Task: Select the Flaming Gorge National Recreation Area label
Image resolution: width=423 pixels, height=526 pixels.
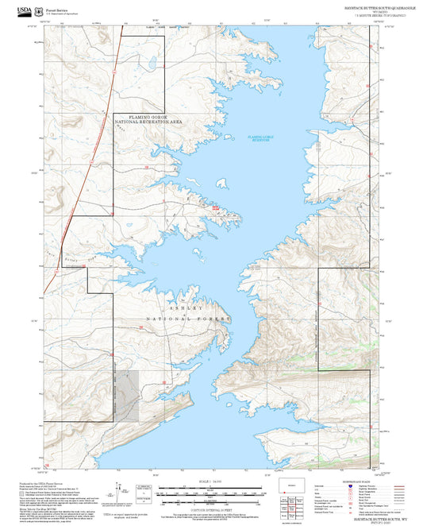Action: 148,120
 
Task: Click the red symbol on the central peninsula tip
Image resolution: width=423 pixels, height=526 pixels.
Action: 215,207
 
